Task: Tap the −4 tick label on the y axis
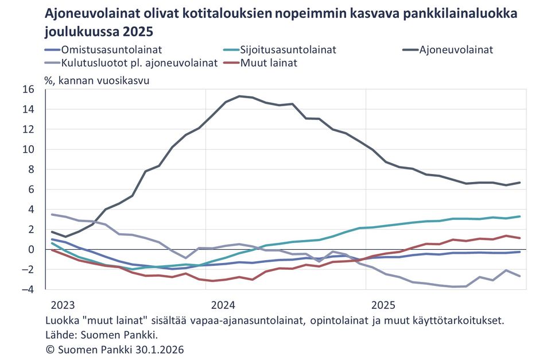[27, 289]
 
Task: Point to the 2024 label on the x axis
[223, 304]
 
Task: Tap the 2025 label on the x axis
[382, 304]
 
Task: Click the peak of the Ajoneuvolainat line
[239, 96]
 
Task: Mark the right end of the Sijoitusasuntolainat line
[519, 216]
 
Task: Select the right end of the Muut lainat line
[519, 238]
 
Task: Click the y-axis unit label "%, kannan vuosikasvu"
[96, 80]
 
